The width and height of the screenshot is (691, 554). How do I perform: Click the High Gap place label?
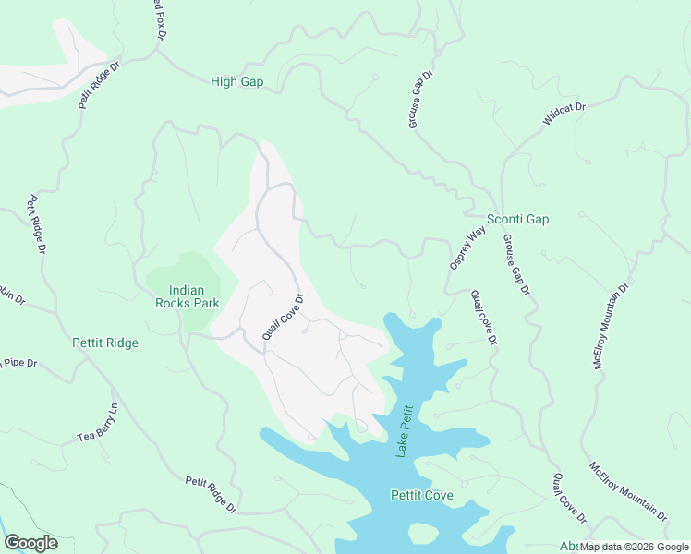(236, 82)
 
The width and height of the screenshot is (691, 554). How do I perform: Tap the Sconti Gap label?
(518, 219)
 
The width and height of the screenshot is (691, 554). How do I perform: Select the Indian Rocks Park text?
(180, 295)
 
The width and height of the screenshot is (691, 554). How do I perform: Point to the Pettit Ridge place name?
(104, 343)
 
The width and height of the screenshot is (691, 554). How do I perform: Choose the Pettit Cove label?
(421, 496)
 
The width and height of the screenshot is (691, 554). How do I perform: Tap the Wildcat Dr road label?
(564, 114)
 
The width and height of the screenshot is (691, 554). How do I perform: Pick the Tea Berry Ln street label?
(98, 423)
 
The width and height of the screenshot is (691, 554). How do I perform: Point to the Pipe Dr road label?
(18, 363)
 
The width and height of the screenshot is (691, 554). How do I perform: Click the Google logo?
(30, 543)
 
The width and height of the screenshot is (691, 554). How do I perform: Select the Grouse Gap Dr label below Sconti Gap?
(516, 265)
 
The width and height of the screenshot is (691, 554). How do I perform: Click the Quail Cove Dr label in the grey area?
(283, 318)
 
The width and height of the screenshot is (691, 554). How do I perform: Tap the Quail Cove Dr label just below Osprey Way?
(483, 318)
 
